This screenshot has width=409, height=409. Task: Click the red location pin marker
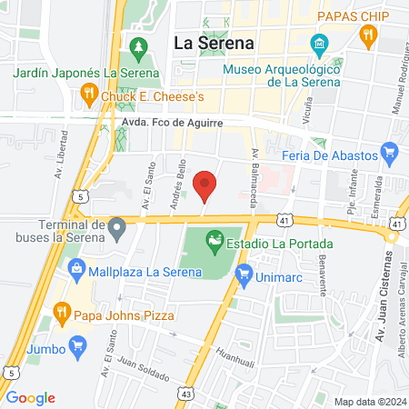pyautogui.click(x=206, y=185)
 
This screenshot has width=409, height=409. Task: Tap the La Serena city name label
pyautogui.click(x=214, y=43)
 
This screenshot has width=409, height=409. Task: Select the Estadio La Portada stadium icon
pyautogui.click(x=214, y=242)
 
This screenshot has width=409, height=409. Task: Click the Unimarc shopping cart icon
pyautogui.click(x=244, y=272)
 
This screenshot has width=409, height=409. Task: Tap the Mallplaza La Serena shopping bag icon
pyautogui.click(x=77, y=269)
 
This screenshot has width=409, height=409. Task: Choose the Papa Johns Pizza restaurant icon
pyautogui.click(x=62, y=314)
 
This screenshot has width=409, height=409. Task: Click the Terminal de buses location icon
pyautogui.click(x=116, y=225)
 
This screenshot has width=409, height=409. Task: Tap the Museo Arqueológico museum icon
pyautogui.click(x=319, y=44)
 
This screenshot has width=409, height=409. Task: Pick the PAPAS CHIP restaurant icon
pyautogui.click(x=367, y=36)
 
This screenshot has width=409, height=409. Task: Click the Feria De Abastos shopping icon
pyautogui.click(x=391, y=153)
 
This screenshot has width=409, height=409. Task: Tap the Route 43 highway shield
pyautogui.click(x=187, y=394)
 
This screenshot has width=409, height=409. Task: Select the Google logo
pyautogui.click(x=30, y=397)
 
